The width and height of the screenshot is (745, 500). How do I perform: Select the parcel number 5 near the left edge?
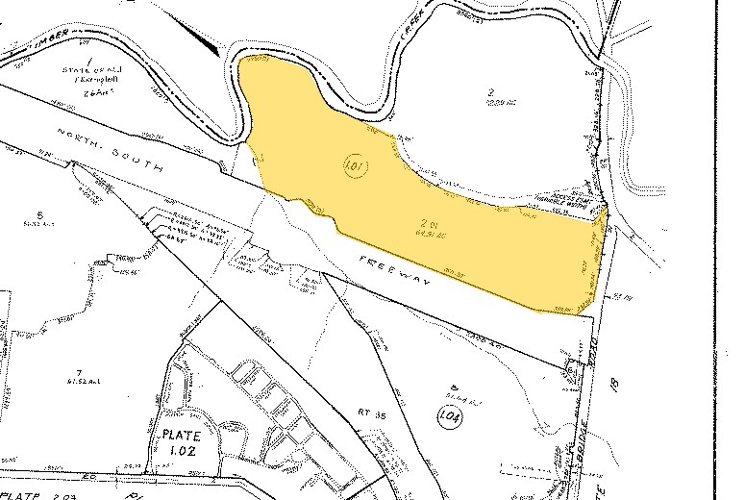pos(38,213)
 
